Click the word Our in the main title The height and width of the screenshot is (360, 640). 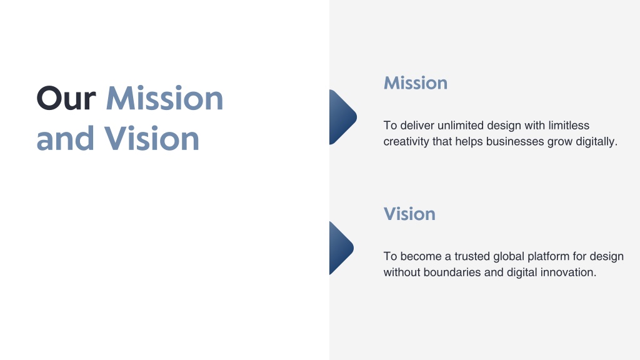point(66,98)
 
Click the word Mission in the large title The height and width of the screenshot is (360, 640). point(164,98)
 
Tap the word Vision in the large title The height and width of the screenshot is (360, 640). point(152,138)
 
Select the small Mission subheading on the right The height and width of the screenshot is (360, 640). point(416,83)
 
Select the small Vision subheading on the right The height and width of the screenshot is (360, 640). point(409,214)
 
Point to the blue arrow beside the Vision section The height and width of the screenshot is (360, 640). point(341,248)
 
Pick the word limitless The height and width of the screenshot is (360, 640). point(569,125)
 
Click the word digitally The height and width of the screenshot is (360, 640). point(596,142)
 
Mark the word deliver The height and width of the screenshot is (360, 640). point(417,125)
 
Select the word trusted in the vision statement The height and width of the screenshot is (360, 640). point(472,256)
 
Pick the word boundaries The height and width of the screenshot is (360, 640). point(452,272)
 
